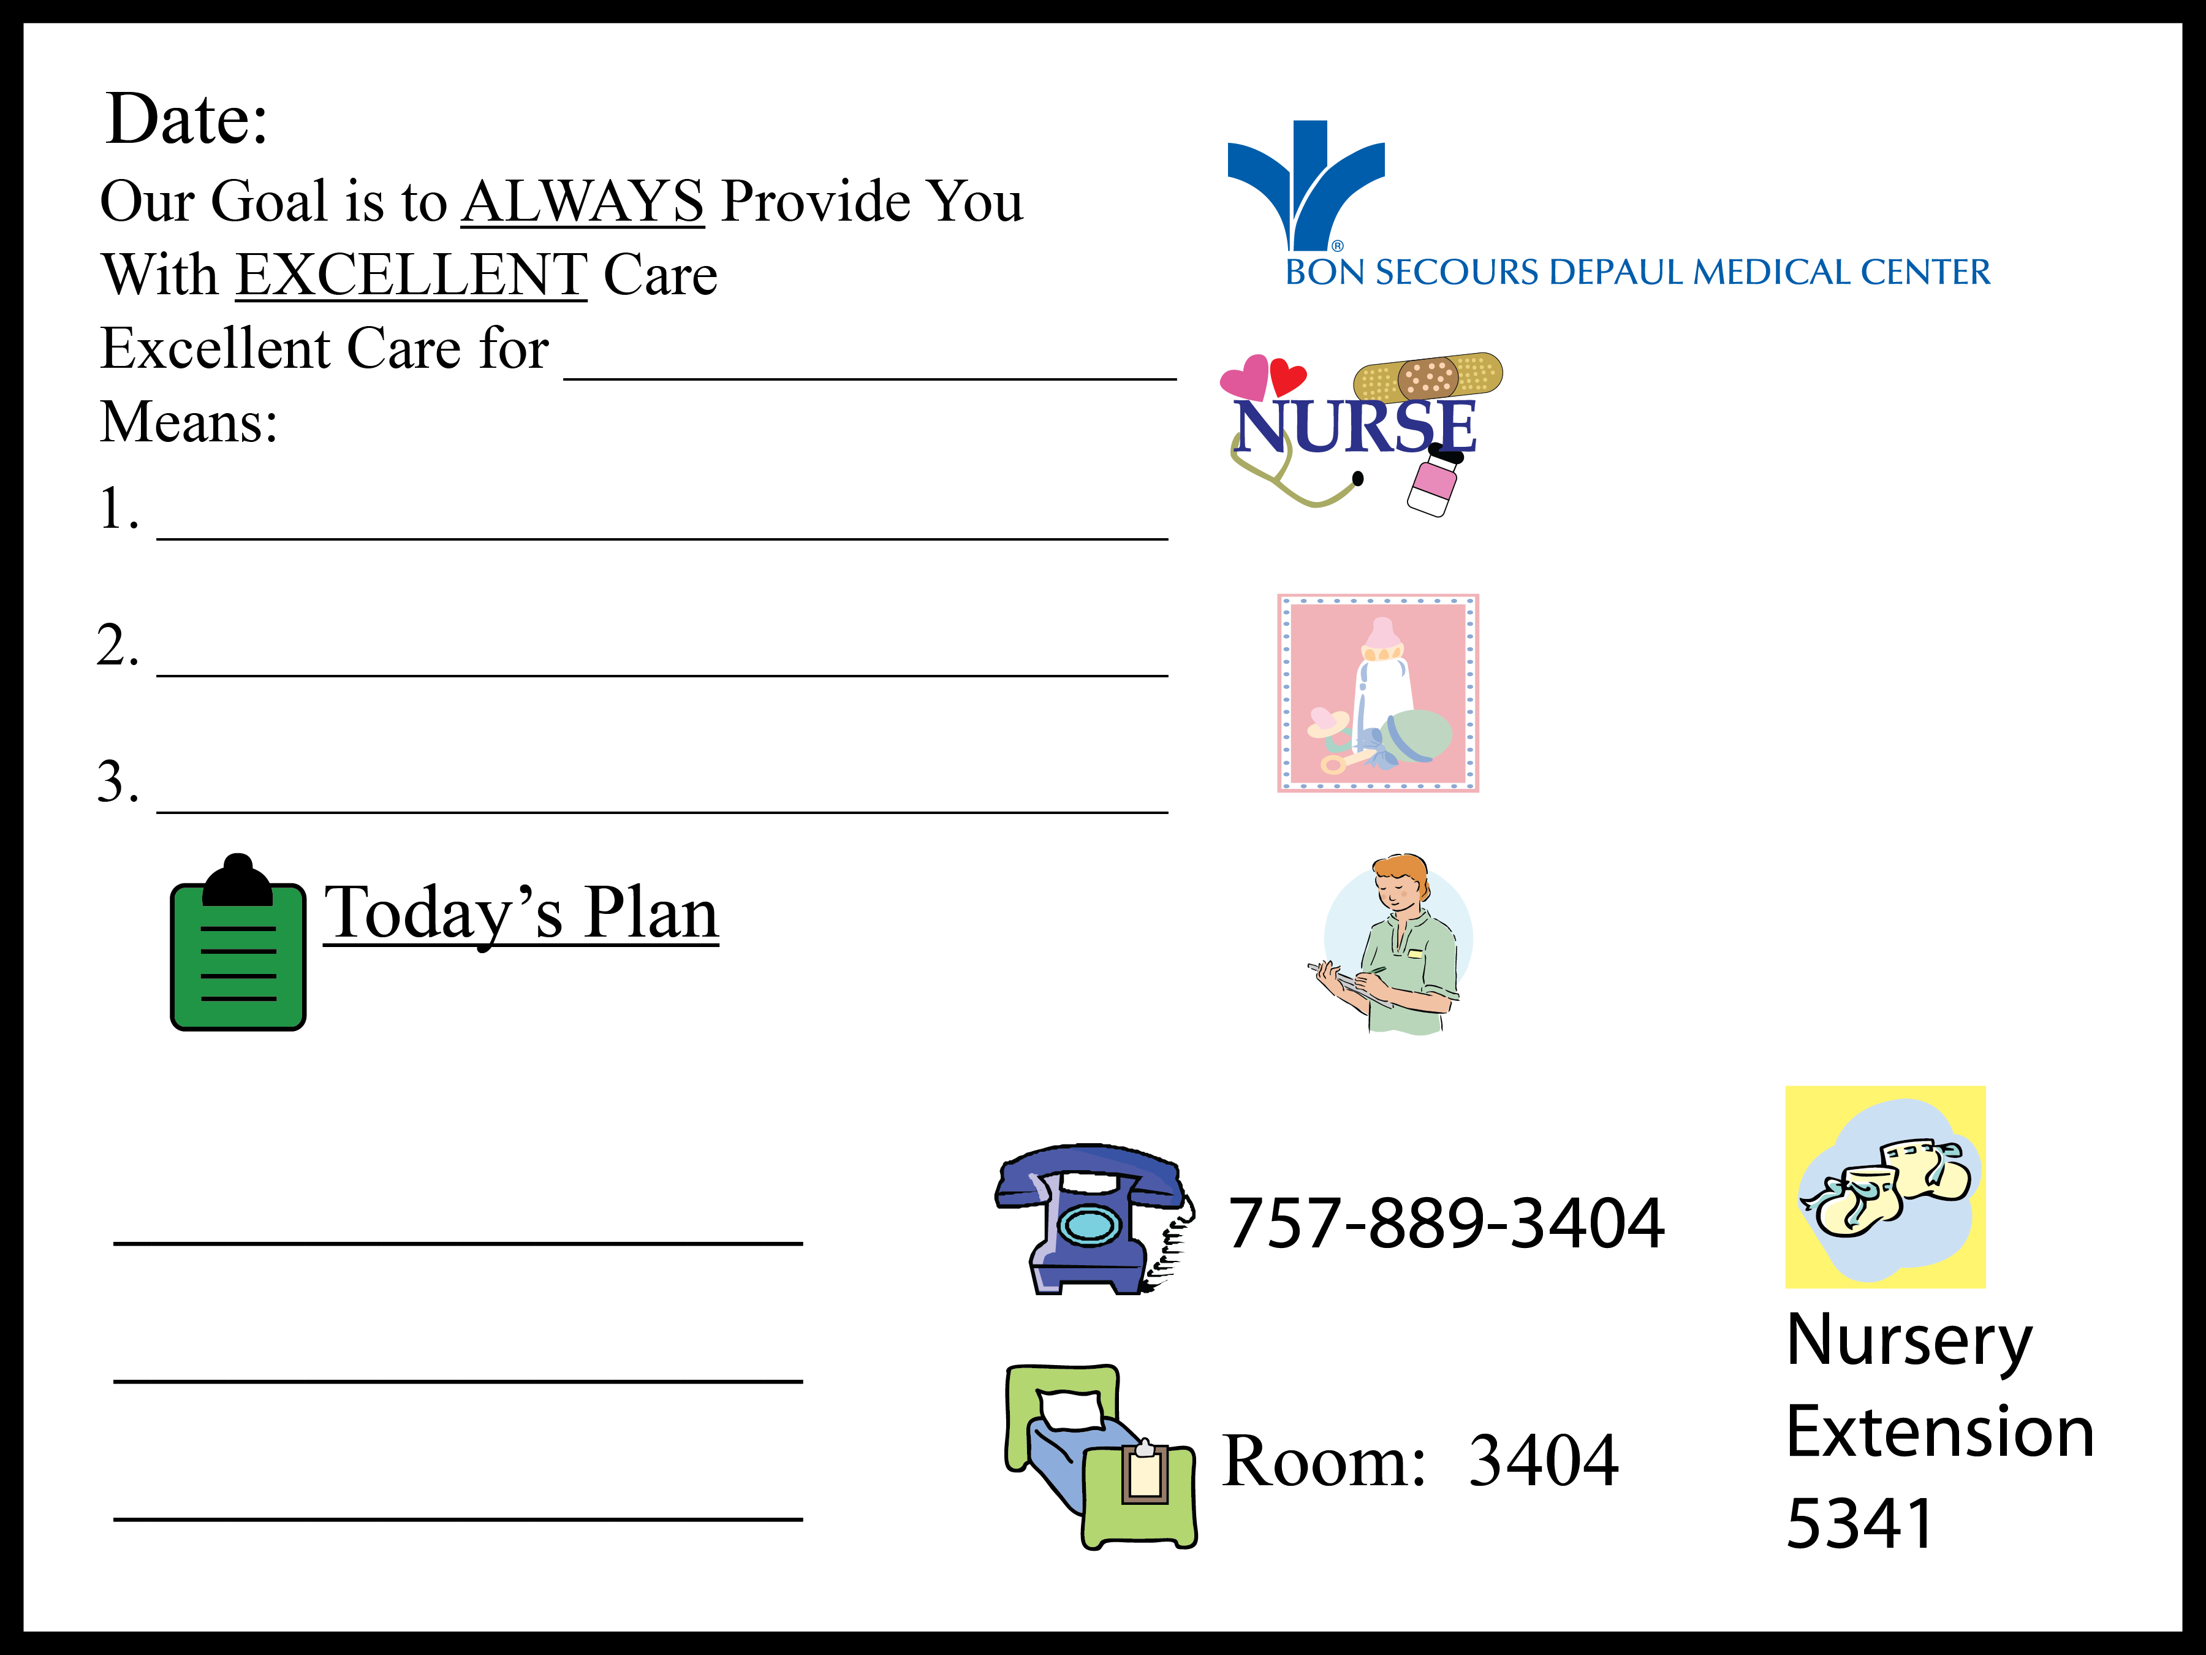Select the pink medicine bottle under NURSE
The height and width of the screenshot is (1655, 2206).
coord(1434,484)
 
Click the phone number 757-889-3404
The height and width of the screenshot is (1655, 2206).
coord(1445,1223)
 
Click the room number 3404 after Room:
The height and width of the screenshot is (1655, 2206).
coord(1543,1461)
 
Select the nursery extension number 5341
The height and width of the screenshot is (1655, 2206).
coord(1860,1524)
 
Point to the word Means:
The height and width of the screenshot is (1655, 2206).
coord(189,422)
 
